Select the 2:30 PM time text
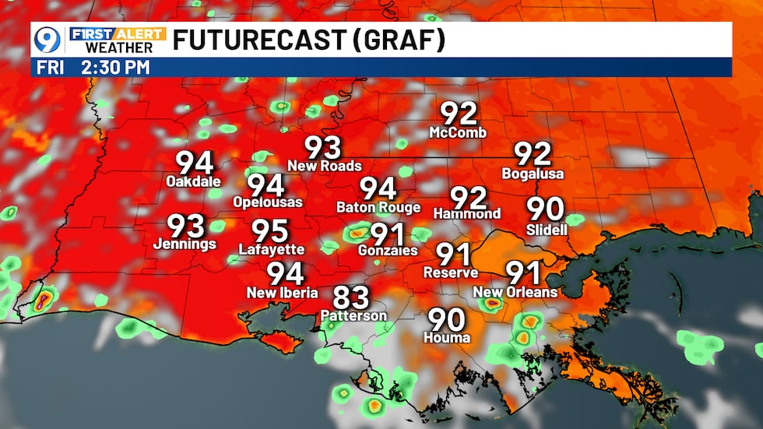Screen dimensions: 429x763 114,67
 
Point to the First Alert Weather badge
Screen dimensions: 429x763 118,40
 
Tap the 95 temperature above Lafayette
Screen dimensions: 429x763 270,231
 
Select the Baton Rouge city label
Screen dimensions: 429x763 378,208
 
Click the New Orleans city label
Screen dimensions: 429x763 515,293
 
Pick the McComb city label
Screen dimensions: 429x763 458,133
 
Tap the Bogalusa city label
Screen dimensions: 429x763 533,174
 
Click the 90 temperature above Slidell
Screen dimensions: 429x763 546,208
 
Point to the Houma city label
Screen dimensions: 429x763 447,338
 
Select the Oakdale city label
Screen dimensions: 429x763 194,182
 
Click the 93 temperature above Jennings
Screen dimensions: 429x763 187,227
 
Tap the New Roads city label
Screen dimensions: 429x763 324,166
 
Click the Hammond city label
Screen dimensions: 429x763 467,213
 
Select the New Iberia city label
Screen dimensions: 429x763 282,293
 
